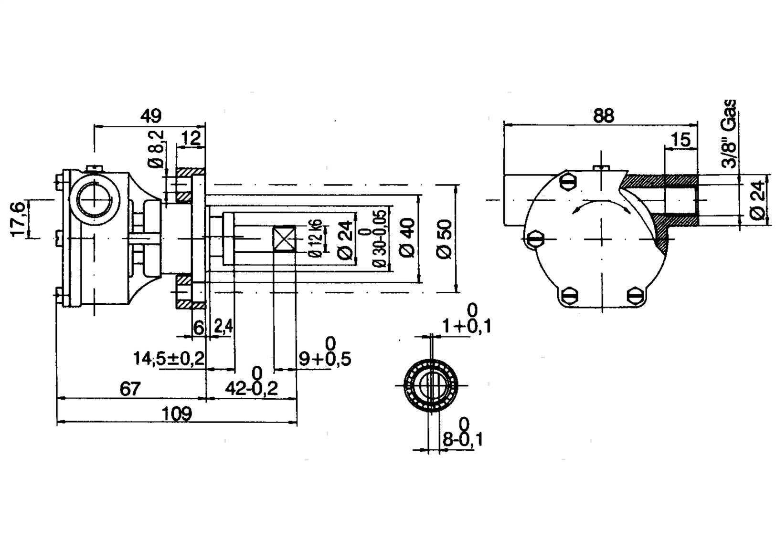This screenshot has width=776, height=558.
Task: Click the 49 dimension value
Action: coord(151,116)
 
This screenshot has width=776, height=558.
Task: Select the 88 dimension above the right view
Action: coord(603,115)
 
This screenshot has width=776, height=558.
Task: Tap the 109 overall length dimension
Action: coord(177,414)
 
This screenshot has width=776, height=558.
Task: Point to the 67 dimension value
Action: coord(130,389)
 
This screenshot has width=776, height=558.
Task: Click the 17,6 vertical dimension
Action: coord(18,219)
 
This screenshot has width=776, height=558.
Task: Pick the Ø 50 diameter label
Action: coord(444,239)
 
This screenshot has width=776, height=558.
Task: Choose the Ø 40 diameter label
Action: coord(407,238)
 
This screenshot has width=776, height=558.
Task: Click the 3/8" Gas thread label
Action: coord(729,134)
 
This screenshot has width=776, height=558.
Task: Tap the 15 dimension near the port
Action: coord(680,140)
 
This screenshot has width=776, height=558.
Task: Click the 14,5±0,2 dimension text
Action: coord(169,359)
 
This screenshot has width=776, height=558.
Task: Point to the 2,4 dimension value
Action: coord(223,326)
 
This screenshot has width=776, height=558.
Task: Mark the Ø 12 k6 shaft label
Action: coord(316,238)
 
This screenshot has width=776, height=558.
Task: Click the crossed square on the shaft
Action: coord(285,238)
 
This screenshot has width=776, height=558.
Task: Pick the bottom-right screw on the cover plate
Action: coord(637,295)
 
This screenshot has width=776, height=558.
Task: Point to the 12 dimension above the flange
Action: coord(191,138)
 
